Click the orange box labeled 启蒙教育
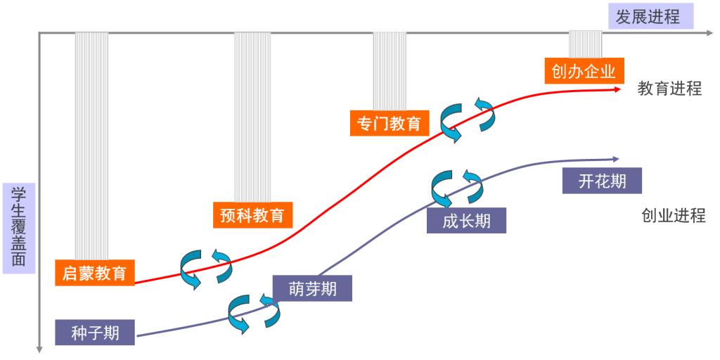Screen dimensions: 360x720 (94, 272)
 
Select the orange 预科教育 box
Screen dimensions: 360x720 (252, 214)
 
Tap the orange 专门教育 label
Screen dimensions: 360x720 (388, 123)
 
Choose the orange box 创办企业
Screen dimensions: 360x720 (584, 71)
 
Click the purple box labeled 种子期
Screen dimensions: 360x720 (96, 331)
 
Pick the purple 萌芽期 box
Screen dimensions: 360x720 (312, 288)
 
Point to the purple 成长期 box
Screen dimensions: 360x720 (466, 220)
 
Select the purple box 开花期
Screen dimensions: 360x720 (603, 181)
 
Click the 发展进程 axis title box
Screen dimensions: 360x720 (648, 16)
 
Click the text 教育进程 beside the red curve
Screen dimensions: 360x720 (669, 89)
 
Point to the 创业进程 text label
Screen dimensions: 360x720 (673, 215)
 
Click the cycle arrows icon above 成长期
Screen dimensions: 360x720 (456, 185)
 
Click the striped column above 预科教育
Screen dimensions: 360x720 (252, 116)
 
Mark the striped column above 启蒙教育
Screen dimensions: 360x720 (91, 144)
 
